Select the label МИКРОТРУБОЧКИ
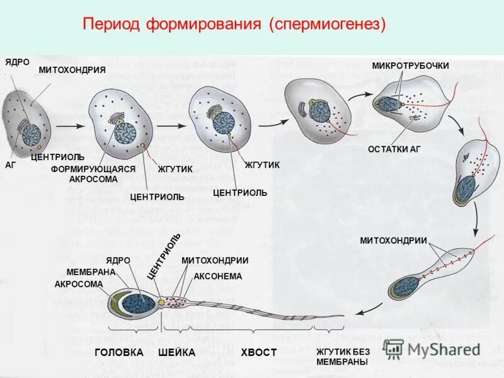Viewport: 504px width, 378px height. coord(410,66)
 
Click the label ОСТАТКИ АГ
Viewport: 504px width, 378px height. coord(394,149)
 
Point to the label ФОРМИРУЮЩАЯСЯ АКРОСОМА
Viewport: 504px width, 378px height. coord(93,174)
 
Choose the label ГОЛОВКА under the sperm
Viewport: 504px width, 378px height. coord(119,352)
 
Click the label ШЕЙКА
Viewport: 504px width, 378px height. coord(176,352)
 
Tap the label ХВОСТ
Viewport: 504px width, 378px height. coord(258,352)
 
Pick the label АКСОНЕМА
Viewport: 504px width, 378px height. coord(218,276)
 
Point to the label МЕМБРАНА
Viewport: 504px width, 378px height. coord(91,272)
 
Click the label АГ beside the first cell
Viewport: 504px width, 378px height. coord(11,164)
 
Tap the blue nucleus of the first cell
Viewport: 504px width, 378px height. coord(32,134)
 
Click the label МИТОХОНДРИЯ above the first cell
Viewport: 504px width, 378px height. coord(63,69)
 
